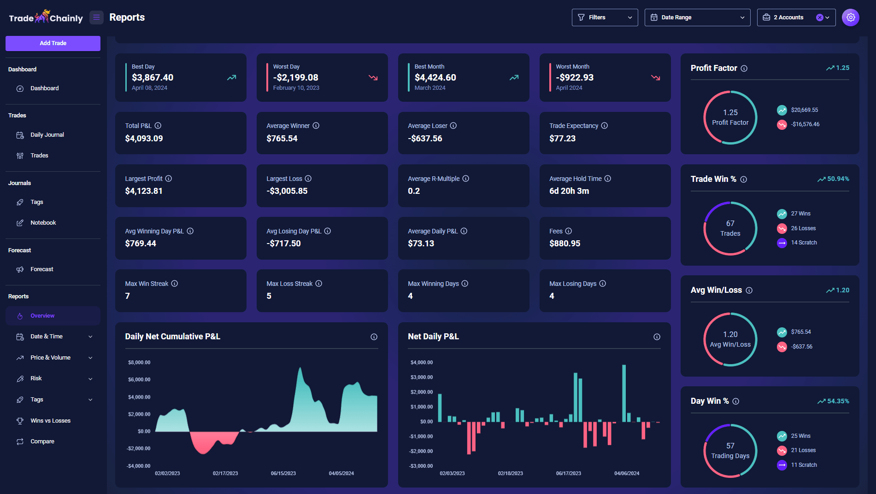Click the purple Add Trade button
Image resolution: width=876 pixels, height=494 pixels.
click(x=53, y=43)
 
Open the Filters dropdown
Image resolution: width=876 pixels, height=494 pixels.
click(x=604, y=17)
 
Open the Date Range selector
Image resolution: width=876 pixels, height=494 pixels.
click(x=697, y=17)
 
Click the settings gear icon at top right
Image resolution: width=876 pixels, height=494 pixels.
click(x=850, y=17)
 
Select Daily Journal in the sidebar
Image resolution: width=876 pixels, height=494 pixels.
click(x=47, y=135)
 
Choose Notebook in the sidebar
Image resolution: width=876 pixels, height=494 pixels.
click(x=43, y=223)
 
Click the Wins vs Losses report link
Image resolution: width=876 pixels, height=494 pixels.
click(x=50, y=421)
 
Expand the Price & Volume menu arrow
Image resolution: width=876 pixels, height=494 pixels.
click(x=90, y=358)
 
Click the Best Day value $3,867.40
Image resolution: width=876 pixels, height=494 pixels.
click(x=153, y=78)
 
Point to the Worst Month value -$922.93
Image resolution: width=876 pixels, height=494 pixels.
click(x=575, y=78)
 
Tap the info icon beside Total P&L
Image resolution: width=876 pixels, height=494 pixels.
click(x=158, y=126)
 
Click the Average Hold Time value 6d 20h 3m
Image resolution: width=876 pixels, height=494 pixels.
click(x=569, y=191)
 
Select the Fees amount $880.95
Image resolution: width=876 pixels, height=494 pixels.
click(x=564, y=244)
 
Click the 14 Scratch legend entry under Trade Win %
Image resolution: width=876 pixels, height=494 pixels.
click(x=804, y=243)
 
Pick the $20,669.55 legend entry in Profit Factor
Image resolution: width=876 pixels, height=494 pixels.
click(x=804, y=110)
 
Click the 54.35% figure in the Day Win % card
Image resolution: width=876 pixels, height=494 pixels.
click(x=838, y=401)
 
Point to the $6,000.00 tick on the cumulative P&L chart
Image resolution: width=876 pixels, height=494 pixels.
click(x=139, y=380)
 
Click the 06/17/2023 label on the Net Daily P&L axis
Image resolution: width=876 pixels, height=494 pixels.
click(x=568, y=473)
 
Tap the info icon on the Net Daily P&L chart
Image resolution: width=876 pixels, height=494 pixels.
click(x=657, y=337)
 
